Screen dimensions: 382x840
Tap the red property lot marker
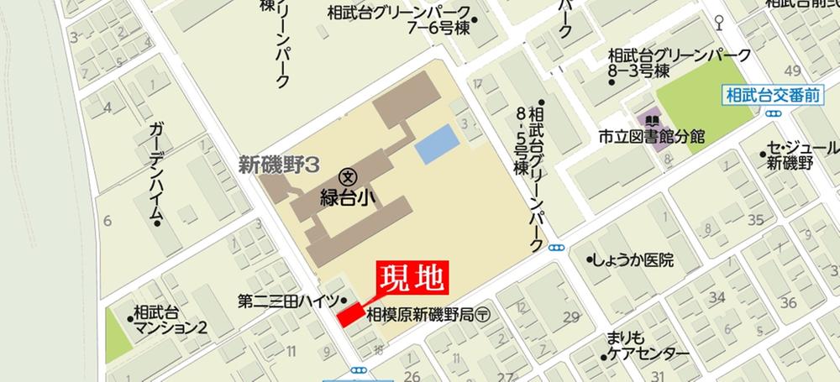[351, 314]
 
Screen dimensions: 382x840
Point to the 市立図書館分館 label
[651, 137]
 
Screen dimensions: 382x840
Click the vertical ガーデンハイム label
[155, 172]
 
